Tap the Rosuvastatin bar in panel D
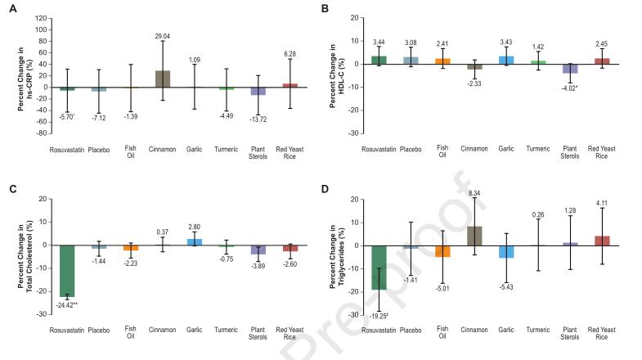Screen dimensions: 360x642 point(379,267)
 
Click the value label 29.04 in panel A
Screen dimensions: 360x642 point(162,60)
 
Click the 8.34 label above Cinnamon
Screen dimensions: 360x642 point(474,193)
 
